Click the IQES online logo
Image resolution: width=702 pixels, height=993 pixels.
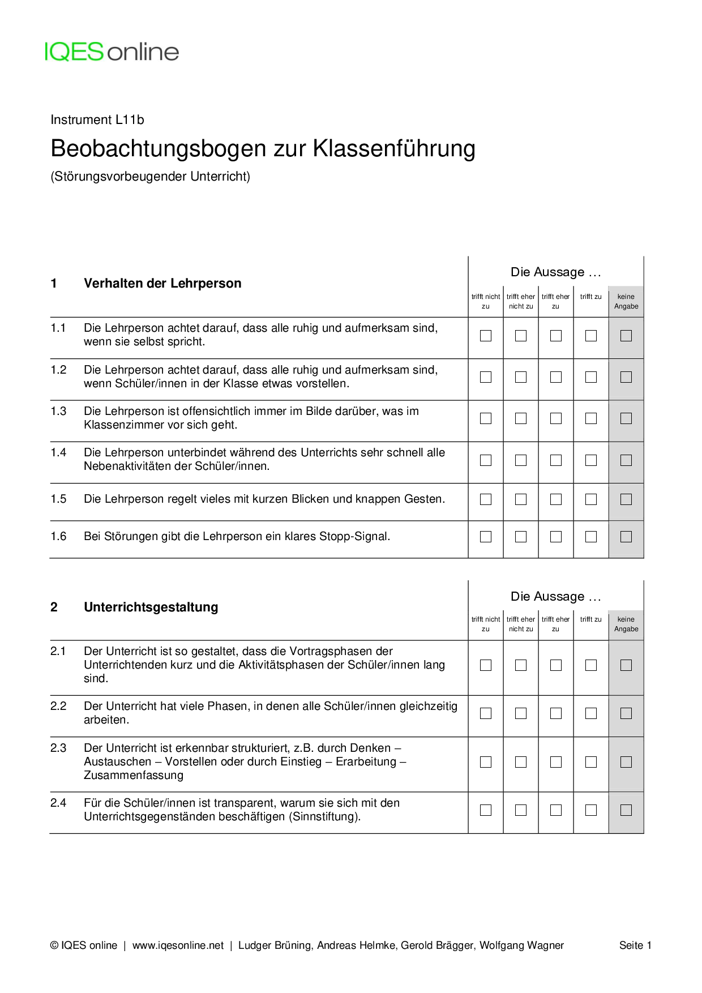112,52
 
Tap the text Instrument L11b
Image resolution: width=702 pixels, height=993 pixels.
97,120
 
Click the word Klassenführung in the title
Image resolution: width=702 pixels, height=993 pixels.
394,149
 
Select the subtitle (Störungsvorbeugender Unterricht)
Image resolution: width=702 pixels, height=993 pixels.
150,177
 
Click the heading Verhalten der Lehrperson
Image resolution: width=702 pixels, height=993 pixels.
162,283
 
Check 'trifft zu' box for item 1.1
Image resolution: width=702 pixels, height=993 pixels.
591,336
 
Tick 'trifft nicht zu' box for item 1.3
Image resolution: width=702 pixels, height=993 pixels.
486,418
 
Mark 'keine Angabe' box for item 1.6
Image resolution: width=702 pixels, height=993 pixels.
626,537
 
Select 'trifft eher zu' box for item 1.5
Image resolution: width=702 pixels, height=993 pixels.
556,499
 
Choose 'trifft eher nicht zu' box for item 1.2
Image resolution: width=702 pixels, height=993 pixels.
521,377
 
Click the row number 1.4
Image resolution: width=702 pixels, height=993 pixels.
58,452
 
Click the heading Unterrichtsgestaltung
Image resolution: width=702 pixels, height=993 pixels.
151,607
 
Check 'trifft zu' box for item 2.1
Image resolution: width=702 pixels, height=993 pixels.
591,665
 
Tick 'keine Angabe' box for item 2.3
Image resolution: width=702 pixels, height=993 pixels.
626,762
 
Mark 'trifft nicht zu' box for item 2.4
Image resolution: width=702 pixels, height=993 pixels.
486,810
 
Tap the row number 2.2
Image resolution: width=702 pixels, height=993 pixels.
58,706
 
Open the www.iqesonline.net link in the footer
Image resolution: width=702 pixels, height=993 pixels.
178,945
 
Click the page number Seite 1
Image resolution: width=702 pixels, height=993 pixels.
635,945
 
